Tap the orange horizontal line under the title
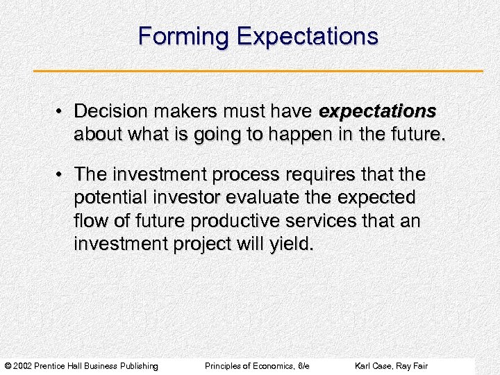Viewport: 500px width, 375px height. tap(258, 71)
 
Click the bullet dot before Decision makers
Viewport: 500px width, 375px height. tap(62, 112)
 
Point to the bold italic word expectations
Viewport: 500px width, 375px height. tap(377, 112)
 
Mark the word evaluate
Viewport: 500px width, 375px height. tap(258, 198)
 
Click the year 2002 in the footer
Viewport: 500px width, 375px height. tap(23, 366)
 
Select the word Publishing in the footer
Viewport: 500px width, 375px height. tap(138, 366)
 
